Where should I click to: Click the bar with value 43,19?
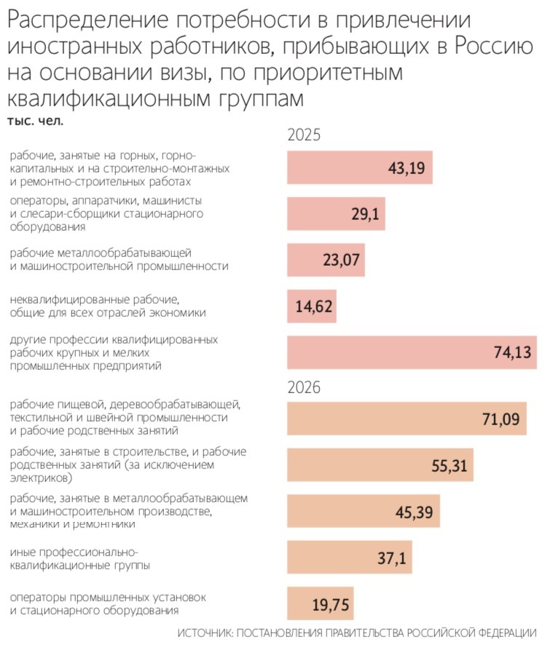(360, 168)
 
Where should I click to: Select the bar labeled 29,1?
(336, 214)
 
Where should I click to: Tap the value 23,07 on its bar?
(341, 260)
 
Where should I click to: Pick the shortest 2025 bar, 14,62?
(313, 306)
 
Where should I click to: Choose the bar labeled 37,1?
(350, 558)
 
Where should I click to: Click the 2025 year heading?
(304, 135)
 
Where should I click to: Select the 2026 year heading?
(304, 387)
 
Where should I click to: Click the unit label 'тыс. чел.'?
(35, 121)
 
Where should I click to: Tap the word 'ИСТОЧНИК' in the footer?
(206, 632)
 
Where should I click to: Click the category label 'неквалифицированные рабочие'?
(94, 299)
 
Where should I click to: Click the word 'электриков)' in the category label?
(41, 478)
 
